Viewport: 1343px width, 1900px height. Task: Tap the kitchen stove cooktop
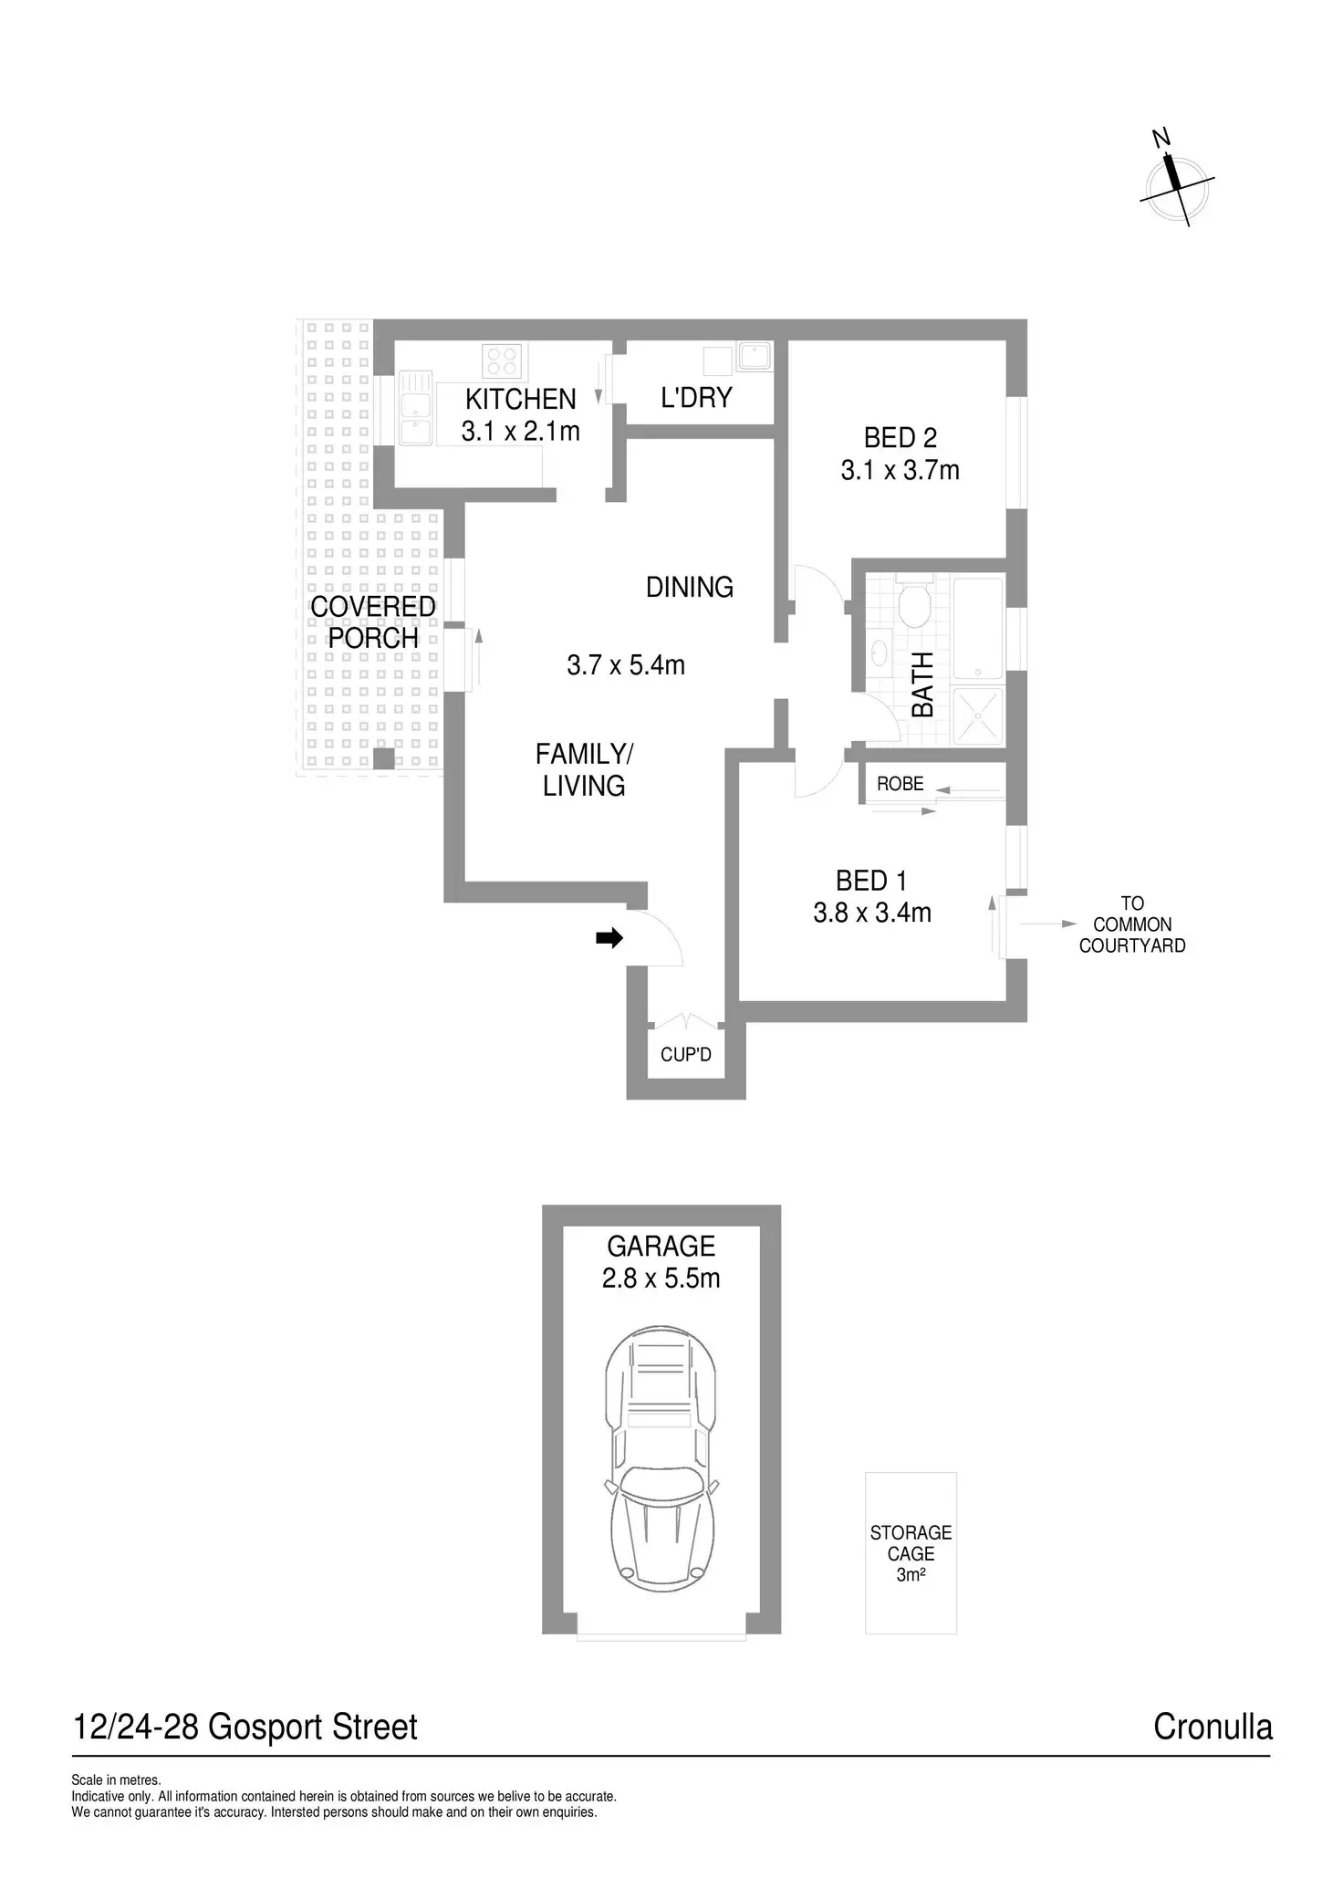(x=502, y=360)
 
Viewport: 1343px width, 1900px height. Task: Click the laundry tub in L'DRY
(x=755, y=356)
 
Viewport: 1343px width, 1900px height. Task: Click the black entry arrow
(x=609, y=937)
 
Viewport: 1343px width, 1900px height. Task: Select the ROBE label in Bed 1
(x=900, y=784)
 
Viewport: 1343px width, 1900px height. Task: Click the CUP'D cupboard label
(x=686, y=1055)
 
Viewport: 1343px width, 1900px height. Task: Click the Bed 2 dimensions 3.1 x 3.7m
(x=900, y=471)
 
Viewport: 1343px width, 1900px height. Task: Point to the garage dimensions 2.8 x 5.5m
(x=661, y=1278)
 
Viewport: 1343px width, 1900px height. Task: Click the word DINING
(x=690, y=587)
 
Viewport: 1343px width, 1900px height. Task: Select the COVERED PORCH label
(x=373, y=622)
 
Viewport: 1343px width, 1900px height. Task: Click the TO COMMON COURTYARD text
(x=1132, y=924)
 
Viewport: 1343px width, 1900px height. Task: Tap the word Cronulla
(x=1213, y=1728)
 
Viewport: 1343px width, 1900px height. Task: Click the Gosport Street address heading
(x=245, y=1728)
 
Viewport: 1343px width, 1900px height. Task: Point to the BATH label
(x=922, y=684)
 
